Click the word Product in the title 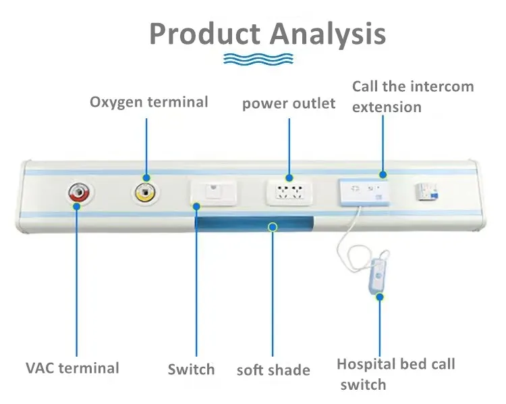(204, 33)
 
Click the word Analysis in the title (328, 33)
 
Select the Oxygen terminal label (149, 102)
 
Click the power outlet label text (289, 103)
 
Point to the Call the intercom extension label (413, 97)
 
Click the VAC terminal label (72, 368)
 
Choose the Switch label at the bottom (191, 370)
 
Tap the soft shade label (273, 370)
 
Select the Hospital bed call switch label (395, 374)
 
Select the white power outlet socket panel (289, 193)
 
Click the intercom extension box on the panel (364, 191)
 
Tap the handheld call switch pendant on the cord (380, 277)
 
